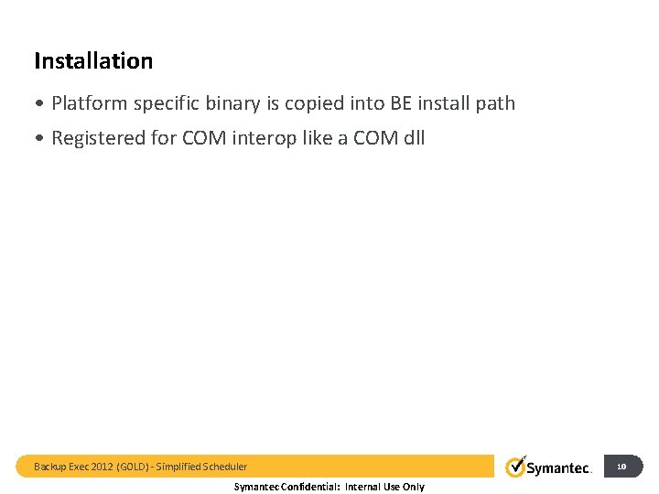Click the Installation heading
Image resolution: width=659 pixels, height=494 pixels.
93,61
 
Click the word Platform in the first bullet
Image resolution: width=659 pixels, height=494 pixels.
89,103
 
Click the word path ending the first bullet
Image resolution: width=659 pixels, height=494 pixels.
495,103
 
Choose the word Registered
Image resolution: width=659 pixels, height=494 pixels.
97,138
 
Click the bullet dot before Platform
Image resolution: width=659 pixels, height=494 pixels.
39,104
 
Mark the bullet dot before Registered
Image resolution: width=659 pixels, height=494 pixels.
39,139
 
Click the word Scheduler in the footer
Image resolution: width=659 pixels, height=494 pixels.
222,467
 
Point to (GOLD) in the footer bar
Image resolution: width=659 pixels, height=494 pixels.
131,467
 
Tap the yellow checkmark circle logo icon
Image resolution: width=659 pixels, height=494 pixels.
515,467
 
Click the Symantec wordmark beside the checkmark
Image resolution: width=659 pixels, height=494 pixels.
558,468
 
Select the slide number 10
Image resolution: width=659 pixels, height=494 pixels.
621,467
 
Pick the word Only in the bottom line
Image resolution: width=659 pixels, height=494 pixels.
413,487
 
